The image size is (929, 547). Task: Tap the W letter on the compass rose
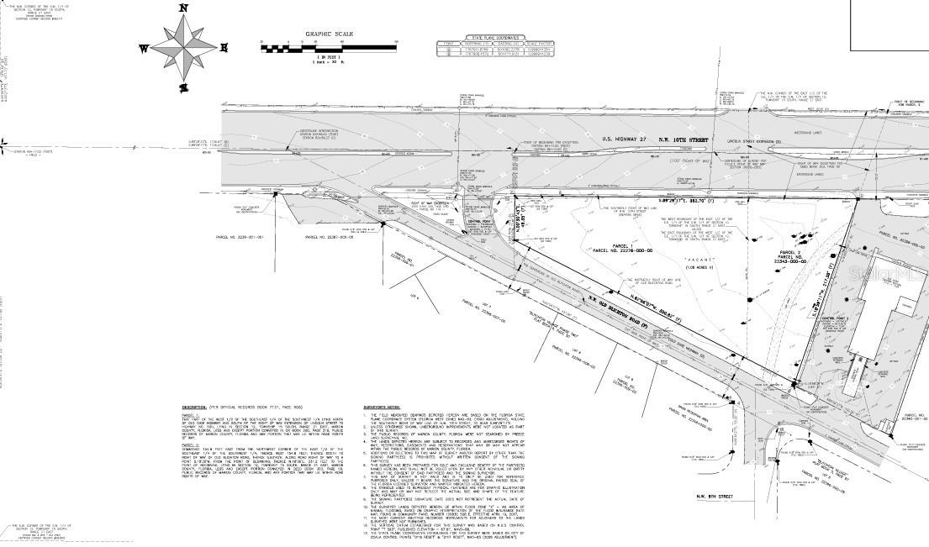pos(144,49)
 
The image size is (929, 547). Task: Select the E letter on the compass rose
pos(227,47)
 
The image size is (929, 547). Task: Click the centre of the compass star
pos(185,47)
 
